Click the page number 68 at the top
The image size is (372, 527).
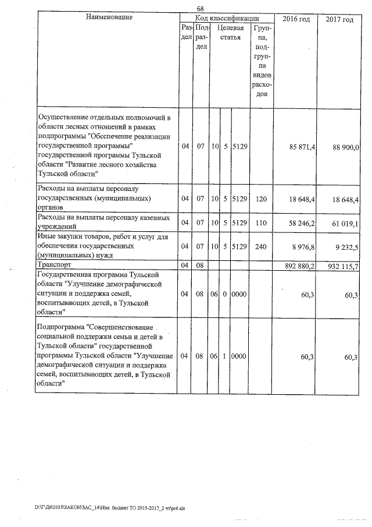click(x=201, y=8)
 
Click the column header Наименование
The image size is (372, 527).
click(x=109, y=17)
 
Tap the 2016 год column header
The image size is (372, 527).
click(x=296, y=19)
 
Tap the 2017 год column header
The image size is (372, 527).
click(x=339, y=19)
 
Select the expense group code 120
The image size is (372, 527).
click(x=261, y=199)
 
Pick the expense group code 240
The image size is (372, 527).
click(x=261, y=246)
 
